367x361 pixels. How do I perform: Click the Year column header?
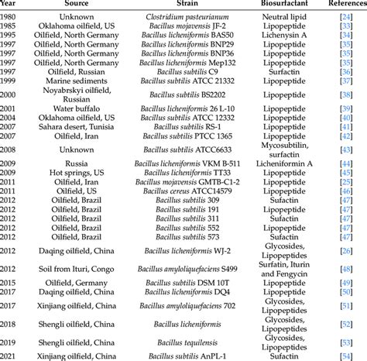point(10,5)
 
